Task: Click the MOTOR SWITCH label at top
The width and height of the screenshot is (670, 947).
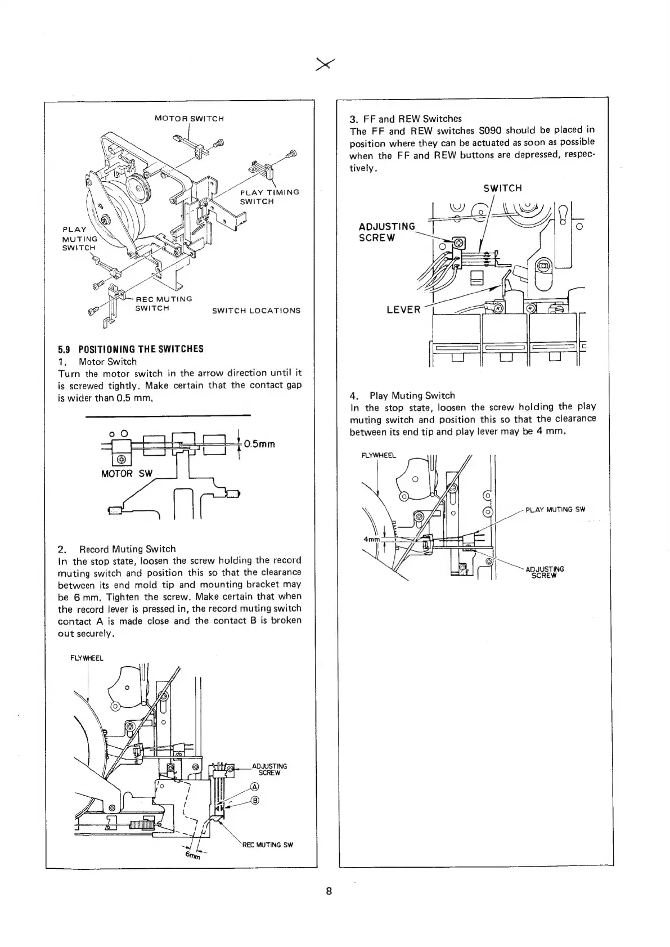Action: [189, 119]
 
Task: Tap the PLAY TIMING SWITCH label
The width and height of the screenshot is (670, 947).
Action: [269, 196]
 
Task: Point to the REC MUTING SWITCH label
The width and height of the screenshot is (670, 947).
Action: [164, 303]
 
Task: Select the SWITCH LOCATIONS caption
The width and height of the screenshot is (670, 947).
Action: [256, 311]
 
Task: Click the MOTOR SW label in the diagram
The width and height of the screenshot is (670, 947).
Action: [127, 474]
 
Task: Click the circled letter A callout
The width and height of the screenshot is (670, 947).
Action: [254, 787]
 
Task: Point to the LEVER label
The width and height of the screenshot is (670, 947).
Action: [403, 310]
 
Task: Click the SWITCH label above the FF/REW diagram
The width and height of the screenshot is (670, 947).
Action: [502, 188]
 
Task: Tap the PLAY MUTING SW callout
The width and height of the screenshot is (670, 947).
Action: [555, 510]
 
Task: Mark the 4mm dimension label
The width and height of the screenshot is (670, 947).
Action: [371, 539]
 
